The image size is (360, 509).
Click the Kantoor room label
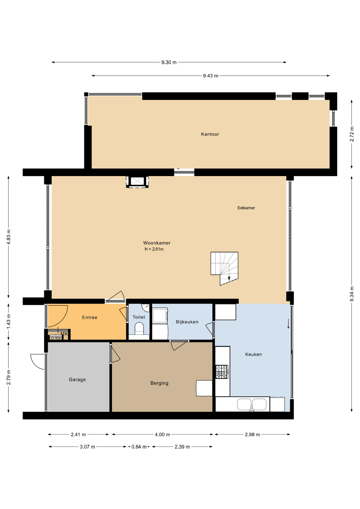210,134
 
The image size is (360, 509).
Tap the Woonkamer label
157,243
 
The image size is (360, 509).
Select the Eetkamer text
246,208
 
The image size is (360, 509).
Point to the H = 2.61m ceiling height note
154,249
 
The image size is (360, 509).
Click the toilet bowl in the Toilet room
139,329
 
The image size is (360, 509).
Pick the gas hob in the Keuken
222,372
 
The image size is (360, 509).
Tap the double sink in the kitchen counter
252,404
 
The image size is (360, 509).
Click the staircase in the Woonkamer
224,268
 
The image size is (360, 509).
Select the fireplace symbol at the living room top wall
137,182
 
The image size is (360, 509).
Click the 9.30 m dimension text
169,62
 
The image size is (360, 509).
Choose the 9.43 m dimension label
211,76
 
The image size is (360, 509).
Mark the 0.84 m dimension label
139,447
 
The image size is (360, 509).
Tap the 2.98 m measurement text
252,435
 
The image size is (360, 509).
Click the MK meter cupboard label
64,334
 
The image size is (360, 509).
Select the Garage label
77,380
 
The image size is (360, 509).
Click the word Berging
159,383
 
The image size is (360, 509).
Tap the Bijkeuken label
187,322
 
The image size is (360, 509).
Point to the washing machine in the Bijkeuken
160,315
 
